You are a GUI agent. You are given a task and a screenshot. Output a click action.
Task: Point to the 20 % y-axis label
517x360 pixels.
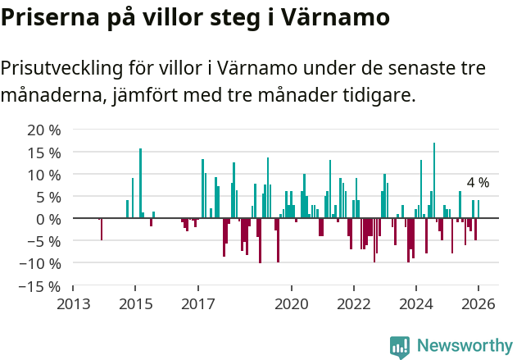(x=44, y=130)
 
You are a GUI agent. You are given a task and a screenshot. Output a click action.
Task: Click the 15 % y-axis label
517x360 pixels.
(x=44, y=153)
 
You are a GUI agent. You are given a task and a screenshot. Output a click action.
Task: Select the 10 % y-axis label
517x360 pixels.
(x=44, y=175)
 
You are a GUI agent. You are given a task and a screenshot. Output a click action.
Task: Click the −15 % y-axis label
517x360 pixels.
(x=41, y=286)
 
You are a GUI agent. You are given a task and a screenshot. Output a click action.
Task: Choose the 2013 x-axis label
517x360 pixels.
(x=73, y=304)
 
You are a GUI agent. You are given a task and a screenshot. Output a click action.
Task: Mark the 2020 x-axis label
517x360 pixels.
(x=291, y=304)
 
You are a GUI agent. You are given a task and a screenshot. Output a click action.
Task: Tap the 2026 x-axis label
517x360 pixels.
(x=478, y=304)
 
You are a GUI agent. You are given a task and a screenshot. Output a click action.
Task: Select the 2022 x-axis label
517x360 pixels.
(x=354, y=304)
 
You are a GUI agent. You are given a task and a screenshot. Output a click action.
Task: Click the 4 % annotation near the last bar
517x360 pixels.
(x=478, y=183)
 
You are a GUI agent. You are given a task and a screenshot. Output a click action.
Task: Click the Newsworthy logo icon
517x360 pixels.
(x=400, y=347)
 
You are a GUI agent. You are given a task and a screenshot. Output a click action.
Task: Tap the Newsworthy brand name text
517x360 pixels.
(x=464, y=347)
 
